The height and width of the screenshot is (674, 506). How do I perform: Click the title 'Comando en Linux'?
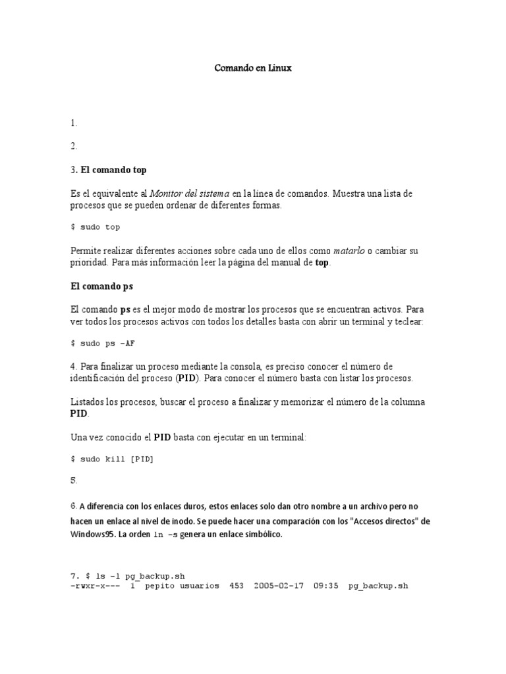[x=253, y=68]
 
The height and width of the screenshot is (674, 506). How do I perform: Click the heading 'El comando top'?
[x=113, y=170]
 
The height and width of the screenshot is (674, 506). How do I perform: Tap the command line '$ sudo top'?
[x=96, y=227]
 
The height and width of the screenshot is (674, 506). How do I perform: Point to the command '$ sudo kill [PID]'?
[x=112, y=459]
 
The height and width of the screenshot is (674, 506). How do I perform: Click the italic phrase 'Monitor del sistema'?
[x=190, y=194]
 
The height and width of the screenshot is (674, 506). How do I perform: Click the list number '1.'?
[x=73, y=123]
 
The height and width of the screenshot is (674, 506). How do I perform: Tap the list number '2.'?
[x=73, y=146]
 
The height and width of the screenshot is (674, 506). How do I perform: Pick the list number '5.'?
[x=73, y=480]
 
